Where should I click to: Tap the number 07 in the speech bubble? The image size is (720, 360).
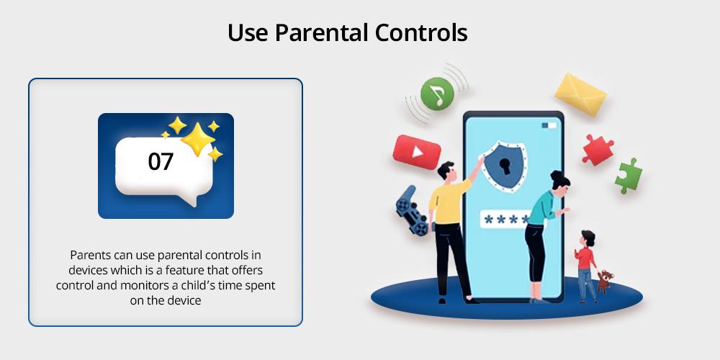coord(161,162)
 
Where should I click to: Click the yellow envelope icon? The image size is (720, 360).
coord(580,94)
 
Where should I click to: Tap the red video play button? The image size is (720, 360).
coord(417,151)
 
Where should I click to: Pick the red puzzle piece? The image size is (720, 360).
coord(598,149)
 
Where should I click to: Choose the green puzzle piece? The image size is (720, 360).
coord(629,176)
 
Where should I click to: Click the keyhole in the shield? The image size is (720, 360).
coord(506,166)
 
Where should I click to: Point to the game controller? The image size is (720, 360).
coord(413,211)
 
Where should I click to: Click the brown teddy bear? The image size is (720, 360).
coord(605,281)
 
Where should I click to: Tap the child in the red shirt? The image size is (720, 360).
coord(585,266)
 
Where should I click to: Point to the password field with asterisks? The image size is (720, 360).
coord(505,220)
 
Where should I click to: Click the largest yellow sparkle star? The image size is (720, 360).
coord(197,139)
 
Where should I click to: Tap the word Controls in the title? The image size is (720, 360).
coord(421,33)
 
